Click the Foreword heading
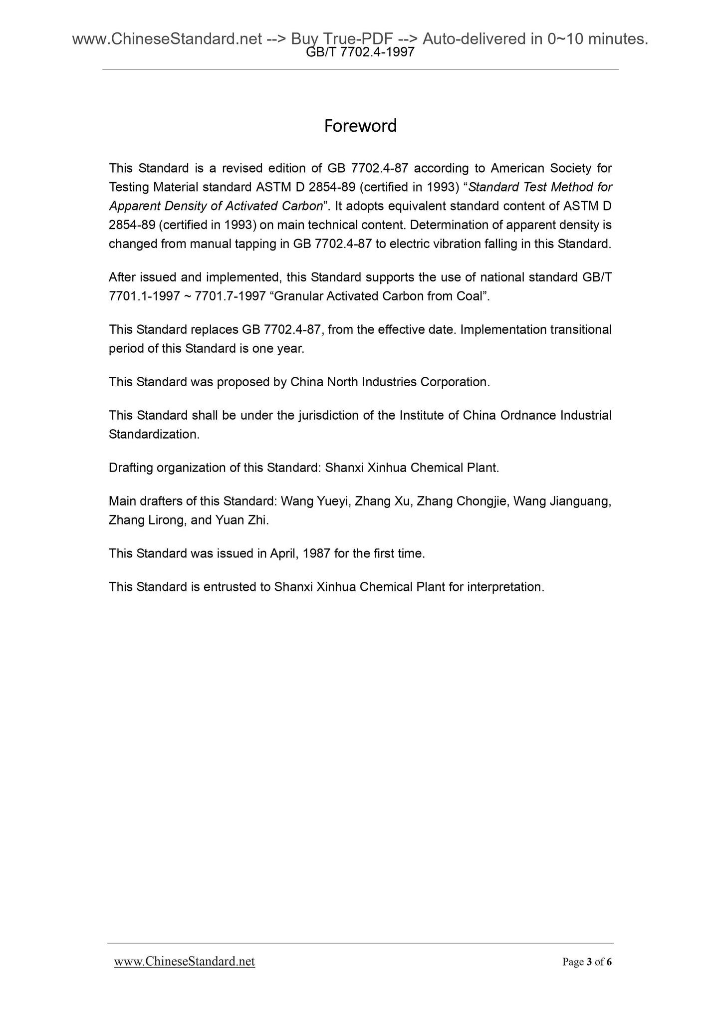pyautogui.click(x=360, y=126)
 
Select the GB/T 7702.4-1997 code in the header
pyautogui.click(x=360, y=52)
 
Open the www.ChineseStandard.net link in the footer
pyautogui.click(x=185, y=962)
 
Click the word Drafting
pyautogui.click(x=131, y=468)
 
